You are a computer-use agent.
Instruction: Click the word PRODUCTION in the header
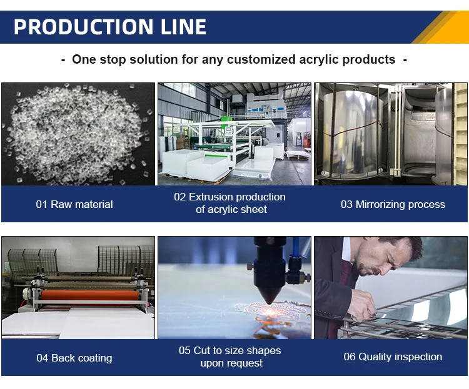(76, 27)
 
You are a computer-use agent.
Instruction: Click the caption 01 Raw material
(74, 204)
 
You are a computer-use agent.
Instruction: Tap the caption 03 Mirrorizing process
(393, 204)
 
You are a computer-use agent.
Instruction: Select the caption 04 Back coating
(74, 358)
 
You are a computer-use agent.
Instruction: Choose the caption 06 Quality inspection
(393, 357)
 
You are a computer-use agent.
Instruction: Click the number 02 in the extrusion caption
(180, 197)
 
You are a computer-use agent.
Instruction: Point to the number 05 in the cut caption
(185, 350)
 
